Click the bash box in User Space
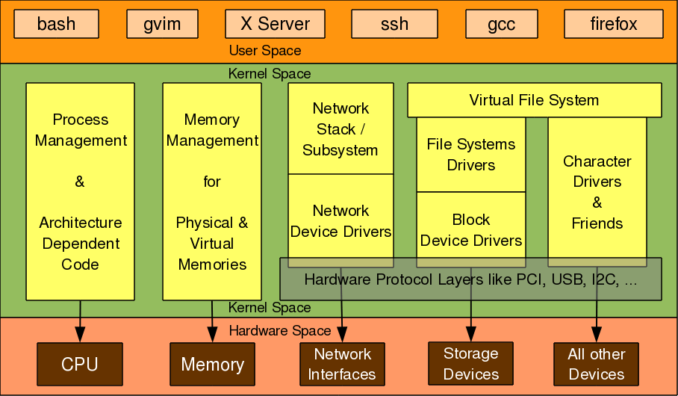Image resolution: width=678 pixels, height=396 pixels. coord(56,24)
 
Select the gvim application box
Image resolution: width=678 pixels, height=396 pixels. coord(162,24)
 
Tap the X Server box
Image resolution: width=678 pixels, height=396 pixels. coord(275,24)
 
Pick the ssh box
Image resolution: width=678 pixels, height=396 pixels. coord(394,24)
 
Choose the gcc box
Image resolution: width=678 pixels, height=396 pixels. coord(501,24)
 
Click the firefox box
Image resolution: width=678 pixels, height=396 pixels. coord(614,24)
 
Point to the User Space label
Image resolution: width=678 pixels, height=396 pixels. coord(264,51)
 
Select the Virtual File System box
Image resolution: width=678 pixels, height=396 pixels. coord(534,100)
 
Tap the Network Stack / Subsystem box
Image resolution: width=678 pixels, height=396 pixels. coord(340,129)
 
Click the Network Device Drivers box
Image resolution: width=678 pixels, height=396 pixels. coord(340,220)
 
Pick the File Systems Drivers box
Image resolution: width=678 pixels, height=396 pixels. coord(470,154)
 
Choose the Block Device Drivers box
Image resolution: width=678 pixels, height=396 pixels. coord(470,229)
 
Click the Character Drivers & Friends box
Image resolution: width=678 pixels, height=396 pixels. coord(597,192)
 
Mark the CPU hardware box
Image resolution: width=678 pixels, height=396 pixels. coord(80,364)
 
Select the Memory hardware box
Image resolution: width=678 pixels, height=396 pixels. coord(212,364)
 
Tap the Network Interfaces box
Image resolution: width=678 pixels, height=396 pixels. coord(342,364)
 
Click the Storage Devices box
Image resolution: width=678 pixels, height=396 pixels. coord(470,364)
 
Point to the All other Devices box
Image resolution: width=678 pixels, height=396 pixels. coord(597,364)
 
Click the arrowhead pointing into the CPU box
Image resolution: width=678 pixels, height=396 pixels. coord(80,335)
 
